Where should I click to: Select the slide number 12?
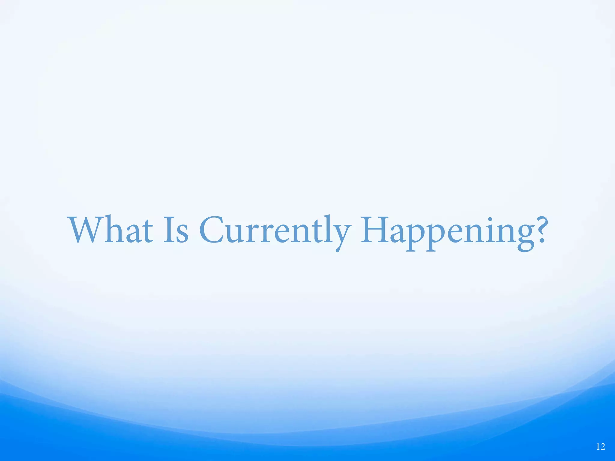[x=600, y=447]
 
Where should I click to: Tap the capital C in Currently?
[x=212, y=230]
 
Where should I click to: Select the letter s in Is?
[x=182, y=234]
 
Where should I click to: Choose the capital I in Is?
[x=168, y=229]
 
